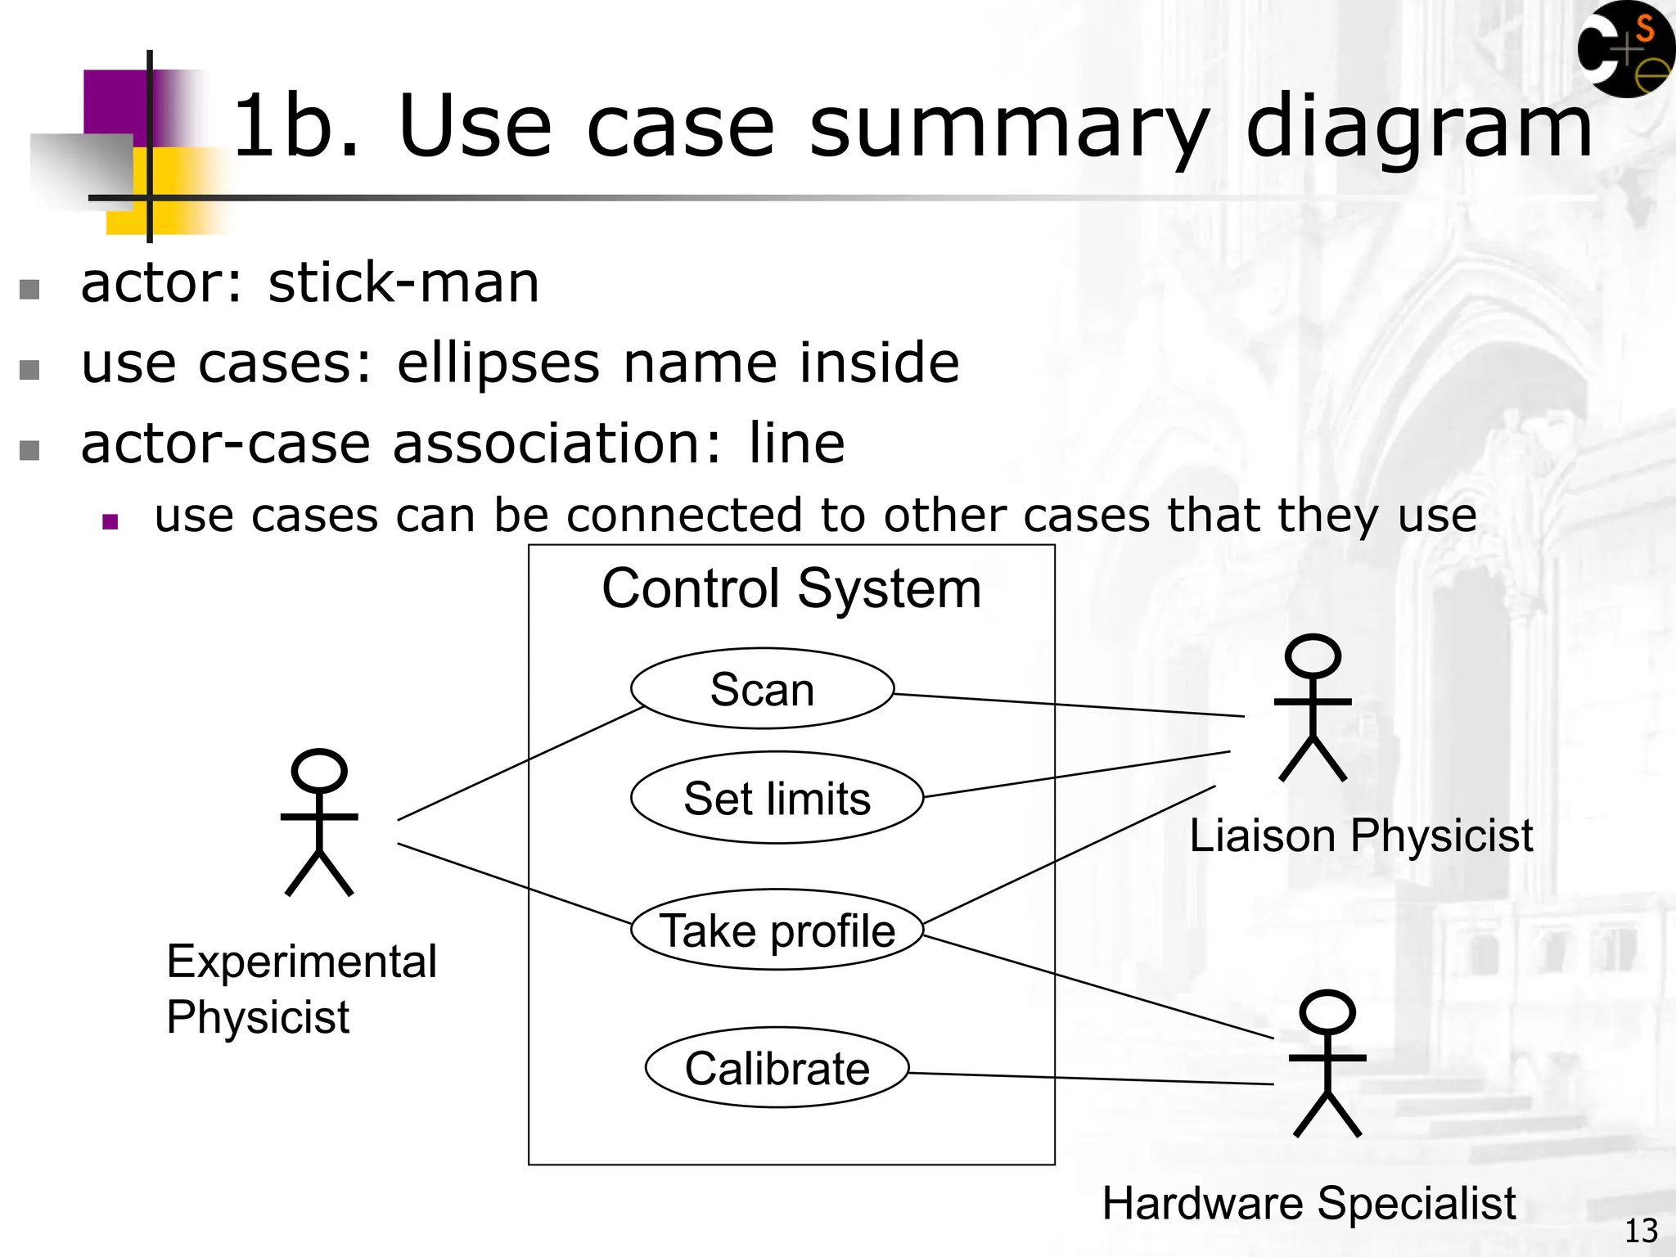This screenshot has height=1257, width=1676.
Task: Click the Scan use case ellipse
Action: [762, 688]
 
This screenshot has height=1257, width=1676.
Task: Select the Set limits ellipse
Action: [777, 798]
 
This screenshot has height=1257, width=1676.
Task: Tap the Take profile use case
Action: [777, 930]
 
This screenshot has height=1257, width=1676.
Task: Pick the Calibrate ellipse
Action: [777, 1068]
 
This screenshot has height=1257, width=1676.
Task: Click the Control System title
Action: [791, 588]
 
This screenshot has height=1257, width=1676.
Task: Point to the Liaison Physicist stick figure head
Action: [1313, 656]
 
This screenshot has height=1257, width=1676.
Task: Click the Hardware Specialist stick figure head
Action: [1327, 1012]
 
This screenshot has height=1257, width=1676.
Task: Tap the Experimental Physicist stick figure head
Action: [319, 771]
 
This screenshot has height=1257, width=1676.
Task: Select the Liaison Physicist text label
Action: [1360, 836]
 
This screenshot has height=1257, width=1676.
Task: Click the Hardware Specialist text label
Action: [1309, 1203]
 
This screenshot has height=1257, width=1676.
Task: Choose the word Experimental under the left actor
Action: [301, 961]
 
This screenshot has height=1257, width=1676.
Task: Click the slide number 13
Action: [1640, 1231]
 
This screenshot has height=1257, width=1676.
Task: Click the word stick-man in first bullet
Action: [403, 283]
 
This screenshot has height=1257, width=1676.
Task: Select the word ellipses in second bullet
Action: [498, 363]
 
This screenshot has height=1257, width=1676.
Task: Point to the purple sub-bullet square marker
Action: [110, 521]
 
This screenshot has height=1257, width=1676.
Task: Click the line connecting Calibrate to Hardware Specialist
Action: [1091, 1079]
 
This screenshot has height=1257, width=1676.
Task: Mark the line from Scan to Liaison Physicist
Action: [1068, 705]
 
